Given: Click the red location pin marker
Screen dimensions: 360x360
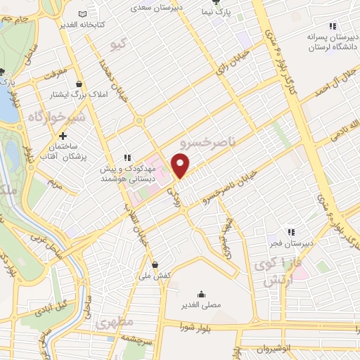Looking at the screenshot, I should [181, 166].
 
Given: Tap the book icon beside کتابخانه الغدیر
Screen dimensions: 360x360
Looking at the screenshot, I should [83, 15].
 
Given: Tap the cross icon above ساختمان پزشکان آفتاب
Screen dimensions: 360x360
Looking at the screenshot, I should [63, 136].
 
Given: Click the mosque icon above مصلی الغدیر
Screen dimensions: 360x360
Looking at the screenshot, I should [201, 294].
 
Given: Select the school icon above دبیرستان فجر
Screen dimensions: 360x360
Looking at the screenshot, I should [290, 232].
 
